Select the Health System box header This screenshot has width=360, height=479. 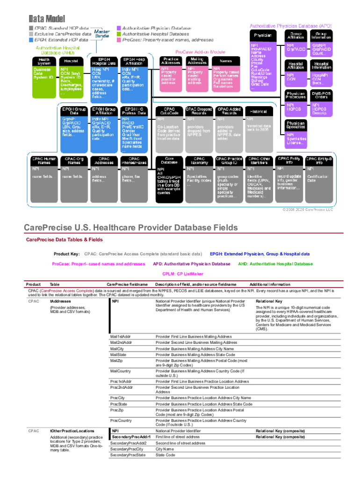pos(44,61)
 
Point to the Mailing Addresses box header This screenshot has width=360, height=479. pos(197,61)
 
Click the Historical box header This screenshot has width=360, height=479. pos(258,112)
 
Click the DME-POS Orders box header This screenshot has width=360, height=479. pos(322,94)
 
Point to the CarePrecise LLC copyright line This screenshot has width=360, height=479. pos(307,210)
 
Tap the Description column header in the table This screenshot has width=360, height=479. pos(196,284)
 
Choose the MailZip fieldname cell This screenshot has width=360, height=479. pos(117,361)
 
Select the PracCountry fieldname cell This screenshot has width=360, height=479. pos(121,421)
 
